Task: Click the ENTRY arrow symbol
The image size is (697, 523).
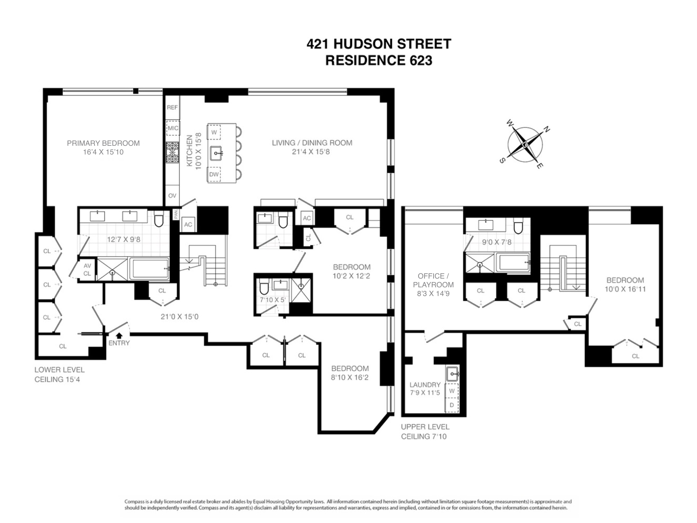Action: (119, 335)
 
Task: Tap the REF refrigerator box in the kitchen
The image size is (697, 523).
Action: (172, 107)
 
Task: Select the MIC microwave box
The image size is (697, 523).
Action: (173, 128)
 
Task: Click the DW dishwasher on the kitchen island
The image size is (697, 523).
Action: (214, 174)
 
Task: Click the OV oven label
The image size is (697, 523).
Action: (172, 196)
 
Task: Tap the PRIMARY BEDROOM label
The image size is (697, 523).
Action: (103, 143)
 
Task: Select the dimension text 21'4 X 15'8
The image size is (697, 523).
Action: (311, 152)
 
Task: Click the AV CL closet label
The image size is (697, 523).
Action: (87, 270)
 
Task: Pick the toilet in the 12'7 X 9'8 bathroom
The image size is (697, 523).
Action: (159, 219)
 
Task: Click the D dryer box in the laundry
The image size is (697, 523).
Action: (452, 405)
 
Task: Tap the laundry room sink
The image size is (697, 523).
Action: (452, 374)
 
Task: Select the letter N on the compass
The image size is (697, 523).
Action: (547, 130)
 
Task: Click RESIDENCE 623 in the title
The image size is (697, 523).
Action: (379, 60)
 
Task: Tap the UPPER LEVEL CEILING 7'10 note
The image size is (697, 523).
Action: (425, 431)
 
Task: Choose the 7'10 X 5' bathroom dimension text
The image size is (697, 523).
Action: (273, 300)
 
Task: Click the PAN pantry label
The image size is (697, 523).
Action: (176, 214)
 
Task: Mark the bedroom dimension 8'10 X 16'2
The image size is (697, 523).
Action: (350, 377)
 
